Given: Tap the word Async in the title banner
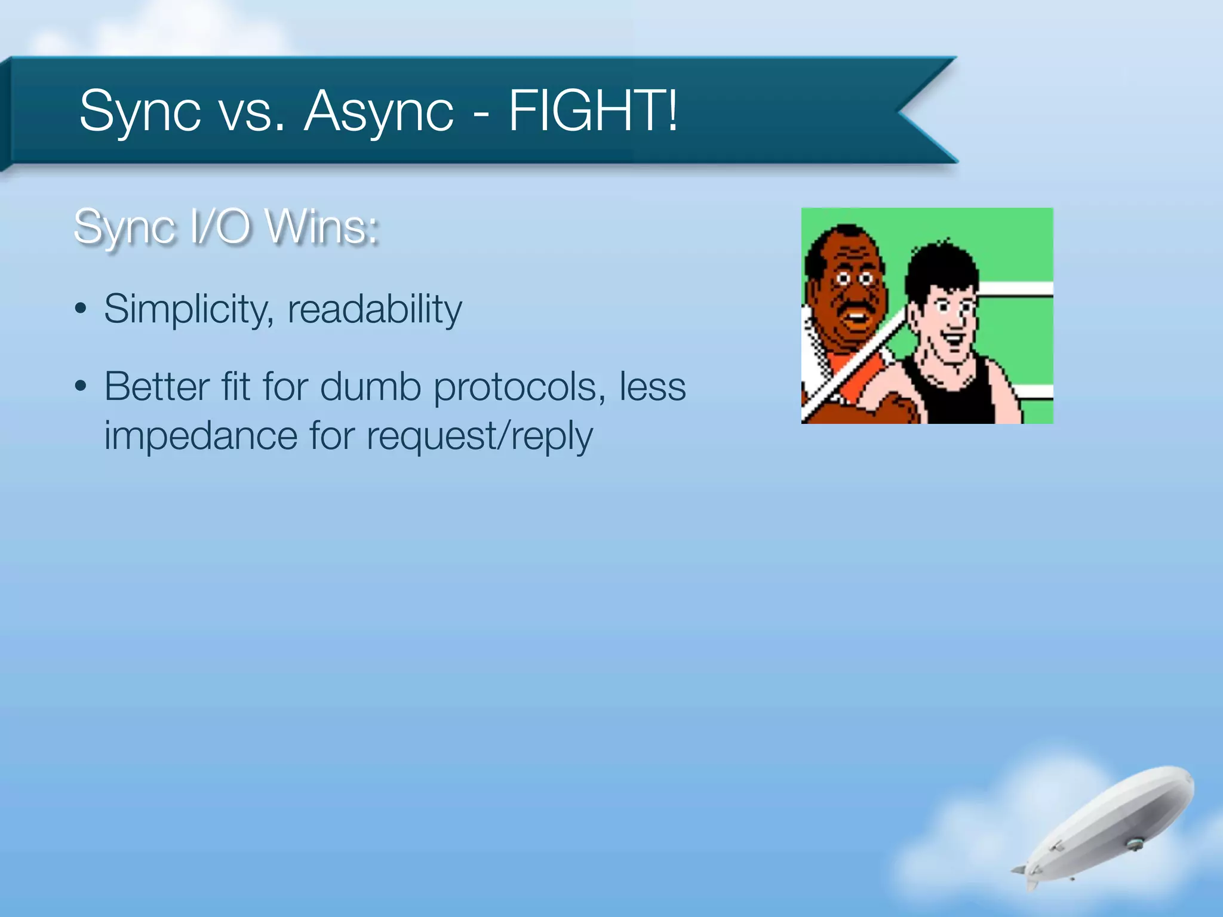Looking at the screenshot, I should (x=379, y=111).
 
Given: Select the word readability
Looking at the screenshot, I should (x=374, y=309).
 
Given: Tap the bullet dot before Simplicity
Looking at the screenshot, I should (x=81, y=310).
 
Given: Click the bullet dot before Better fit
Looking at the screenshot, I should (x=81, y=387).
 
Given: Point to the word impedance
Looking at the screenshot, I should (x=201, y=436).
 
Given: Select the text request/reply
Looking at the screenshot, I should (x=480, y=436).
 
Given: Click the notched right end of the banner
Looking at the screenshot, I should (x=920, y=110).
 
